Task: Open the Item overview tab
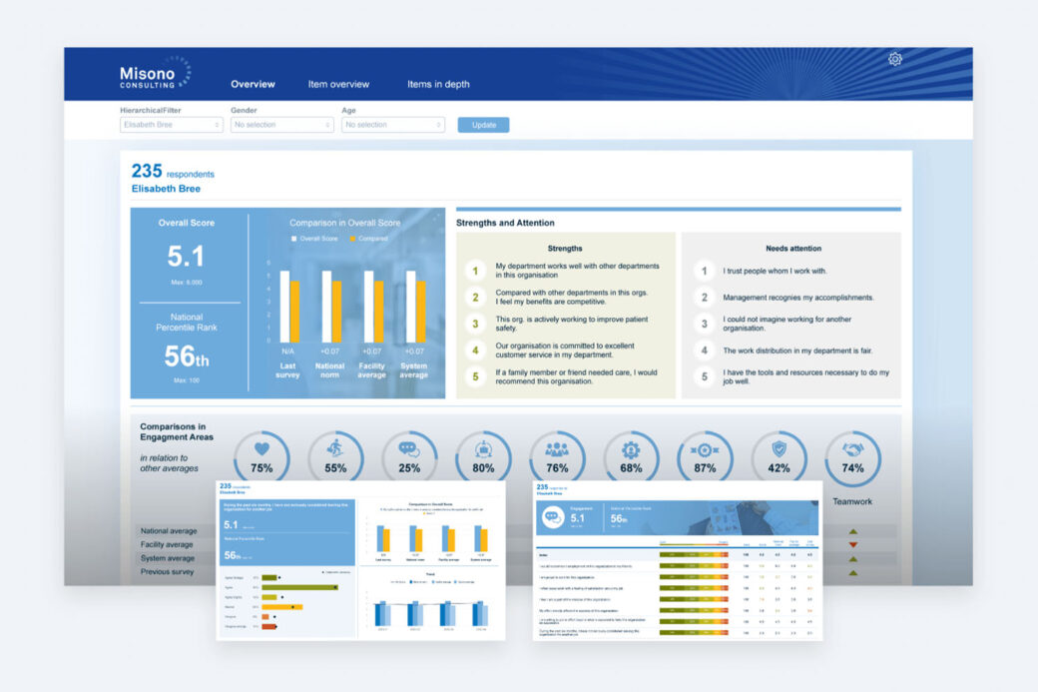pos(338,85)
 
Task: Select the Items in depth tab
pos(438,85)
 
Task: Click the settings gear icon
pos(895,60)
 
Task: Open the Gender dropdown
pos(282,125)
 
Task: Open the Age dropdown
pos(392,125)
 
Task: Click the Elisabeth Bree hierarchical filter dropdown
pos(172,125)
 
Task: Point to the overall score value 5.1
pos(186,257)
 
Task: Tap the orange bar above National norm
pos(336,313)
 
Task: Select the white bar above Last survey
pos(284,308)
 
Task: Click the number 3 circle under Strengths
pos(475,324)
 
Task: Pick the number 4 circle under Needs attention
pos(704,350)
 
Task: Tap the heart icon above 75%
pos(261,449)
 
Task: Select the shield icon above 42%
pos(778,449)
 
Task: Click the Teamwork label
pos(852,501)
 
